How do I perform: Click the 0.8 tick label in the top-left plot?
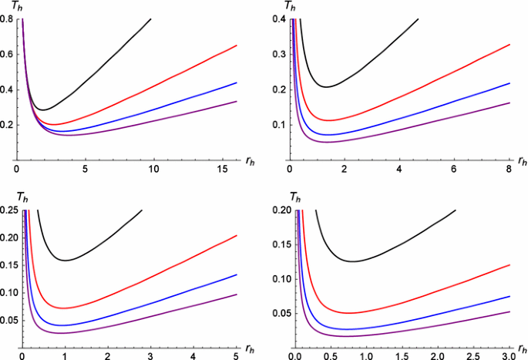(7, 19)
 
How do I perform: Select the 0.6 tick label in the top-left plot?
(7, 54)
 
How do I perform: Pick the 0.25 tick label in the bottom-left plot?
(9, 210)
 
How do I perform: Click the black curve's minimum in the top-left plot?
(45, 109)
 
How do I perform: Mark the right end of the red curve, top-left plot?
(237, 45)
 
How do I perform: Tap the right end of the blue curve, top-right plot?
(510, 82)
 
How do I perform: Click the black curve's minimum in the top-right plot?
(328, 86)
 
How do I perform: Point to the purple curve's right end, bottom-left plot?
(237, 294)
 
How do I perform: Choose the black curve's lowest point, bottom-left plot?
(67, 260)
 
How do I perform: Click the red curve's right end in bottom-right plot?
(510, 264)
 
